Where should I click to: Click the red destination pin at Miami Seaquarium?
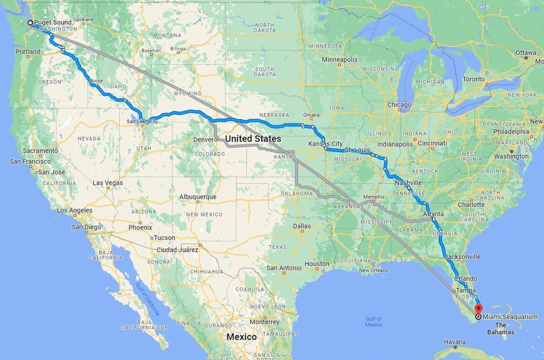click(479, 309)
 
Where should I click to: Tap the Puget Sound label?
click(52, 22)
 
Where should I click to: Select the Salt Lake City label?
click(142, 122)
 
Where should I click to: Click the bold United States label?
click(253, 139)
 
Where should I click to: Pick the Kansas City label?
click(325, 144)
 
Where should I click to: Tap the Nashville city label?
click(408, 183)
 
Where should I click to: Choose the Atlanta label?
click(433, 214)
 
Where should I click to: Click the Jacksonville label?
click(462, 257)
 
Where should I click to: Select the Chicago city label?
click(399, 105)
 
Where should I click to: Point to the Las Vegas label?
click(107, 183)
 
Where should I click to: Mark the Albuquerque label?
click(198, 197)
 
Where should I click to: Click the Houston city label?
click(317, 264)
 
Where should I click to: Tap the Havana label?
click(454, 342)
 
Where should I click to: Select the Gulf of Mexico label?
click(373, 322)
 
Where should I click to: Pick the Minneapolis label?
click(339, 60)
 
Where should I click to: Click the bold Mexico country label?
click(241, 337)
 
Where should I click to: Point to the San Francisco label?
click(30, 162)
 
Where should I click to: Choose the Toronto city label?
click(474, 79)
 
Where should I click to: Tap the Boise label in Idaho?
click(96, 81)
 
